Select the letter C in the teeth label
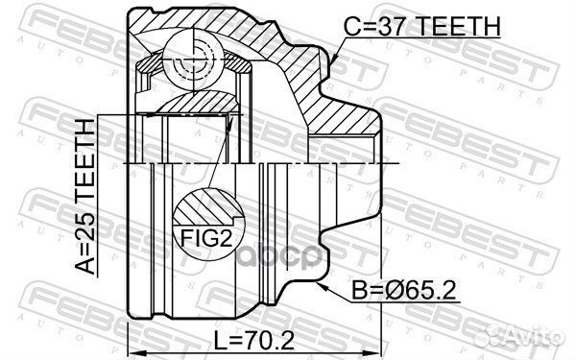[353, 28]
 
